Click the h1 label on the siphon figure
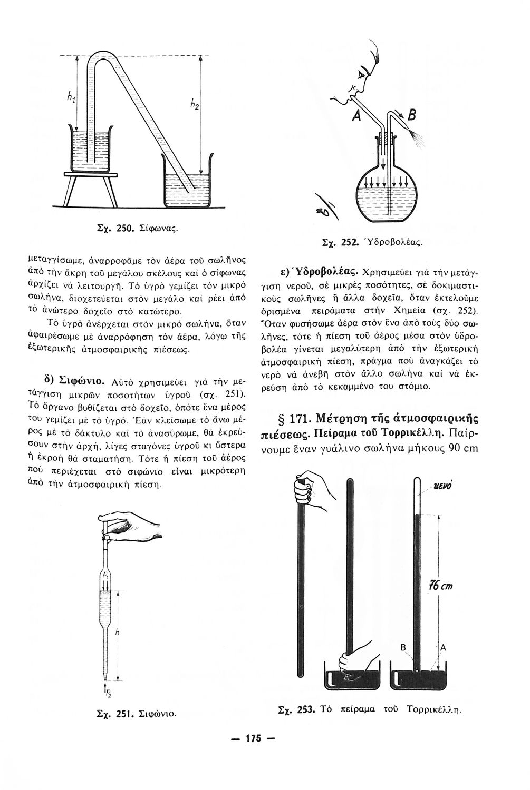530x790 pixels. [70, 96]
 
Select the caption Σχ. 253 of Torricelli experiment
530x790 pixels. [369, 709]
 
